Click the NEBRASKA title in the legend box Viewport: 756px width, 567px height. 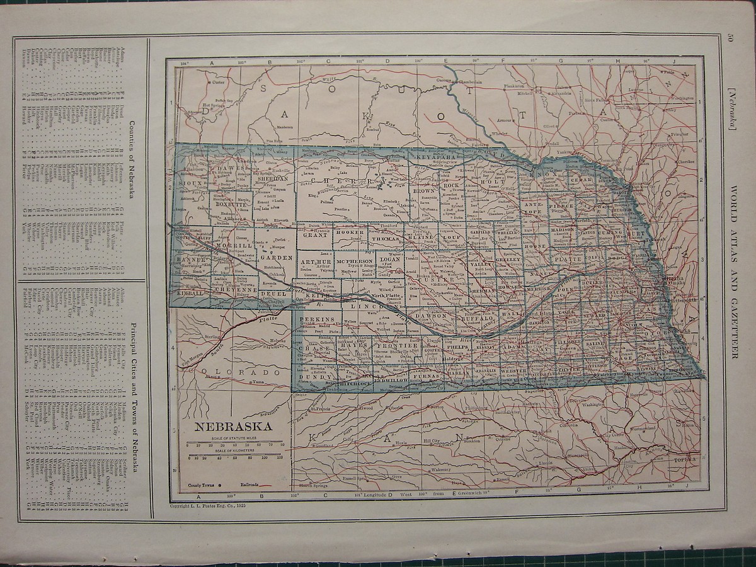pyautogui.click(x=232, y=427)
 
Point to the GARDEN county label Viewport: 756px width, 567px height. pyautogui.click(x=277, y=258)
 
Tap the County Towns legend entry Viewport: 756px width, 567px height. pyautogui.click(x=203, y=485)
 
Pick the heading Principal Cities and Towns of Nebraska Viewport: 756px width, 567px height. pyautogui.click(x=133, y=391)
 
